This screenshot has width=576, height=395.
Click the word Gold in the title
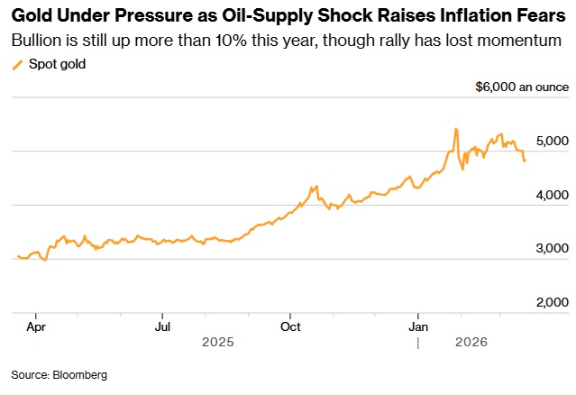pyautogui.click(x=30, y=15)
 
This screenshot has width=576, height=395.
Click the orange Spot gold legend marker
pyautogui.click(x=17, y=65)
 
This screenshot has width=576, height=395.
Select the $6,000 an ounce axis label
pyautogui.click(x=522, y=87)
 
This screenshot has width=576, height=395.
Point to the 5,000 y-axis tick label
pyautogui.click(x=553, y=142)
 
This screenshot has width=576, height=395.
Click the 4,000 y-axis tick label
pyautogui.click(x=553, y=195)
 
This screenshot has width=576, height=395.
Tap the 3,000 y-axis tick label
pyautogui.click(x=553, y=249)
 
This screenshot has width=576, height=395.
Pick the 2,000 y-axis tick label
pyautogui.click(x=553, y=303)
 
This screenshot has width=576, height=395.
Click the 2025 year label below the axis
pyautogui.click(x=217, y=342)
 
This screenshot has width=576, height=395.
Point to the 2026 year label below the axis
pyautogui.click(x=471, y=342)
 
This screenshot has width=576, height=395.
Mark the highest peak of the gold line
pyautogui.click(x=455, y=129)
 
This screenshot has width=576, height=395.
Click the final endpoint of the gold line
pyautogui.click(x=525, y=161)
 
